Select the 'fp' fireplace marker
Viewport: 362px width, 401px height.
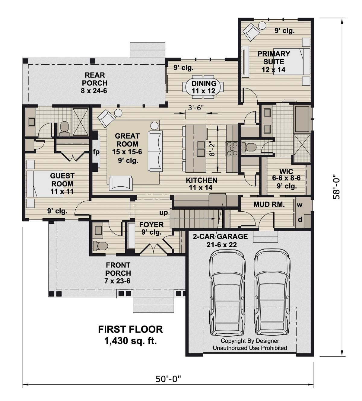96,152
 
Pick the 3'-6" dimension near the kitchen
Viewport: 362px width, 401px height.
196,107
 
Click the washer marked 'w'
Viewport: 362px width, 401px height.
300,205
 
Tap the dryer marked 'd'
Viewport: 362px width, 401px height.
300,220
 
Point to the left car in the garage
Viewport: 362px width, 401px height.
227,293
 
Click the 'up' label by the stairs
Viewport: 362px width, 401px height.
164,213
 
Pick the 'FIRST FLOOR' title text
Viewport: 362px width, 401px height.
130,329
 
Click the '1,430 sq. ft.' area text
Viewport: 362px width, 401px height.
130,341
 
